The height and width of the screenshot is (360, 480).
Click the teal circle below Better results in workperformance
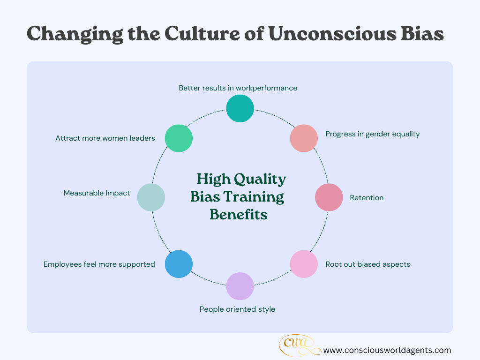pos(240,108)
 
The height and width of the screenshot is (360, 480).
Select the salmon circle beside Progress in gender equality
pos(304,138)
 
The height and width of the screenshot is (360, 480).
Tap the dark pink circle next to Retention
pos(329,197)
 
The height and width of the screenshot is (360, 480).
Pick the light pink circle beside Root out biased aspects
pos(304,264)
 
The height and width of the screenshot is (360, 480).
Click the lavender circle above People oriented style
pos(240,286)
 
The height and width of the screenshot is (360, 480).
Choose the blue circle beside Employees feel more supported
pos(179,264)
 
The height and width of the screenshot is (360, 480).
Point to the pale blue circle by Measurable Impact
pos(151,197)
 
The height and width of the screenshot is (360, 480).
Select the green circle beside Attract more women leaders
pos(179,138)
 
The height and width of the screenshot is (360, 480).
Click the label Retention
pos(367,198)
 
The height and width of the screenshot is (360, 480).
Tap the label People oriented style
pos(237,309)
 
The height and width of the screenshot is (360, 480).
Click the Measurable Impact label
pos(97,193)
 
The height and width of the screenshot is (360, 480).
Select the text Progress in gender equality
pos(373,134)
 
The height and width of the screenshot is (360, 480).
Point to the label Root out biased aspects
pos(367,264)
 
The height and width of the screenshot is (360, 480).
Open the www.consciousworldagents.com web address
pos(387,350)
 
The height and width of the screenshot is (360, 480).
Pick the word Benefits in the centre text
pos(239,214)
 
